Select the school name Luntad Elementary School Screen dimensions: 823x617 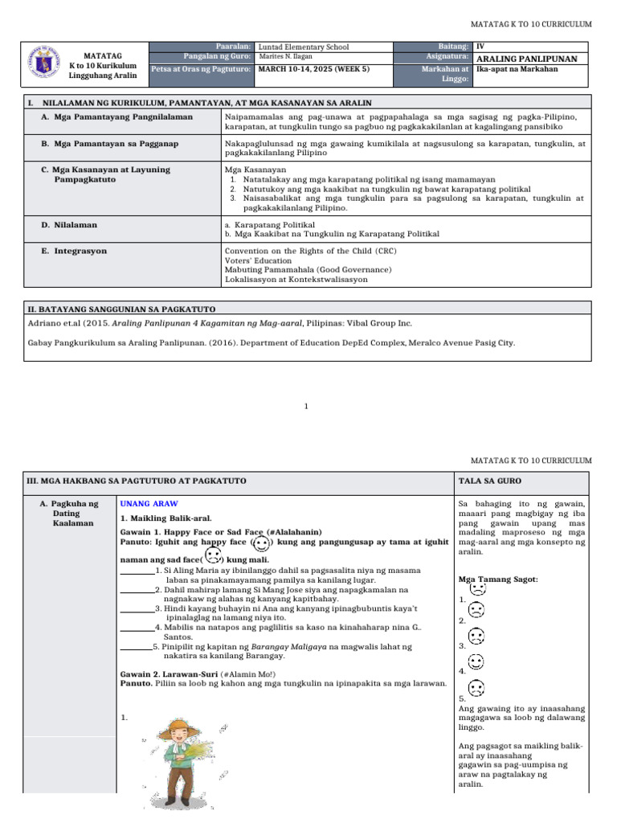[x=304, y=47]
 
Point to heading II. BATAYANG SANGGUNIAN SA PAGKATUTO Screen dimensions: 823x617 [x=121, y=309]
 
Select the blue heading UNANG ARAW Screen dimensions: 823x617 [x=149, y=503]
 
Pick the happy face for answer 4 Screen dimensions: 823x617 [x=476, y=662]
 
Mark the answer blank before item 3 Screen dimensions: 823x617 [x=137, y=609]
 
